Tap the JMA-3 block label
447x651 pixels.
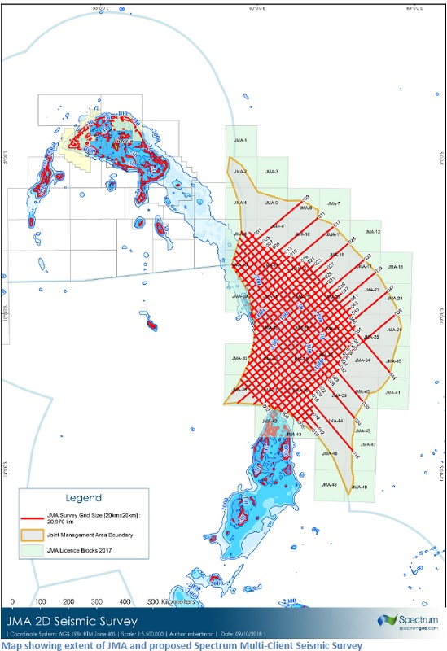point(271,172)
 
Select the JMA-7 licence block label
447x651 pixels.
point(334,203)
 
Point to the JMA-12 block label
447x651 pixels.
point(373,233)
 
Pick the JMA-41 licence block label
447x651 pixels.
point(393,392)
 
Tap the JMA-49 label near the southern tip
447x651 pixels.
point(358,487)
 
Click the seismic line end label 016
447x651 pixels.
point(356,447)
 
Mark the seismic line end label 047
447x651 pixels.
point(390,289)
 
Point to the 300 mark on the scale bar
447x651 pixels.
point(97,601)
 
